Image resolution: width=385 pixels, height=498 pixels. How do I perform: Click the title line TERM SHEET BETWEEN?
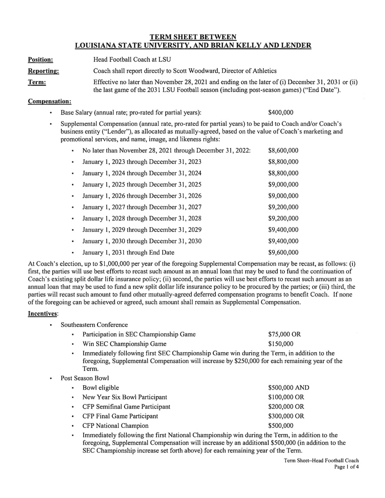point(193,37)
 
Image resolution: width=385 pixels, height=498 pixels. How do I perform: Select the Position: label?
point(40,60)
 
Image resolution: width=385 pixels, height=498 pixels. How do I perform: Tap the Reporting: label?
point(43,71)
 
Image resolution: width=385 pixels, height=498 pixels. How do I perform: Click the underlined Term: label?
point(37,82)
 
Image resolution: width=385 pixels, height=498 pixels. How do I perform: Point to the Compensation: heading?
point(49,102)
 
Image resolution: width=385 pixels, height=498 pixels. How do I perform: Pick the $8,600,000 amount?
point(283,150)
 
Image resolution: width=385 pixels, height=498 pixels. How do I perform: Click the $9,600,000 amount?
point(283,253)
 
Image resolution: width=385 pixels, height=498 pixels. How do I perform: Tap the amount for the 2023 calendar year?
point(283,162)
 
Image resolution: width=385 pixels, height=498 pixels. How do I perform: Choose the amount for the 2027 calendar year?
point(283,207)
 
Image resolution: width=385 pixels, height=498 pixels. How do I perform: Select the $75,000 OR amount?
point(284,335)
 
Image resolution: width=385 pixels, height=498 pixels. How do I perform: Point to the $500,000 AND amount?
point(288,388)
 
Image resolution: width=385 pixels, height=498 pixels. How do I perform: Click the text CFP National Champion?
point(115,426)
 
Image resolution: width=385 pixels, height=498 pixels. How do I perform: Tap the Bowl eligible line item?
point(101,388)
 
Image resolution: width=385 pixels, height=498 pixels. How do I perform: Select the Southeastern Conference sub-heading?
point(94,325)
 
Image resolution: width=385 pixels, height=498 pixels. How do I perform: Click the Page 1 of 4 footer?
point(346,467)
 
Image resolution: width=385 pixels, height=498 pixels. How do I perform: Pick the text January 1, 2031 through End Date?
point(128,253)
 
